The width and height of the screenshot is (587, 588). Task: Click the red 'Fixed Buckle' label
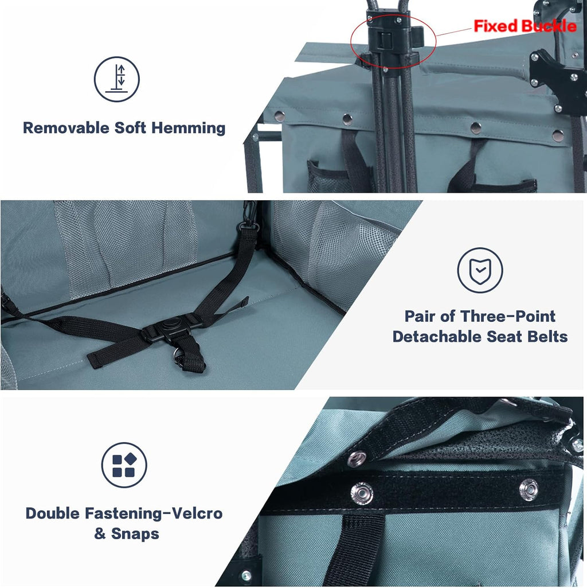pos(525,26)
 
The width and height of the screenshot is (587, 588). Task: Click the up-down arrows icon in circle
pos(116,79)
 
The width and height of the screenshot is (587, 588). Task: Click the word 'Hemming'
pos(188,128)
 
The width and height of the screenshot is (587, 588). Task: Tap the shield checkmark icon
pos(480,270)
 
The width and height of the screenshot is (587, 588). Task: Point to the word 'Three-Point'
pos(507,316)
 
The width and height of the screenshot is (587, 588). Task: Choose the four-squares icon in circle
pos(124,465)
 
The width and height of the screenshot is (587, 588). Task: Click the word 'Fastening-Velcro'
pos(154,513)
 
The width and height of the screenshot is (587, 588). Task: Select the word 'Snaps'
pos(135,534)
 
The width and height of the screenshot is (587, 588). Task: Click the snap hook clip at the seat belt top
pos(249,217)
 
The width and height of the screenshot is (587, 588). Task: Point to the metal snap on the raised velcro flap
pos(357,458)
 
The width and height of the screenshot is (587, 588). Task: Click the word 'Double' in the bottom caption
pos(53,513)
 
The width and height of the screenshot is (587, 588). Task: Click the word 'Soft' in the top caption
pos(130,128)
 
